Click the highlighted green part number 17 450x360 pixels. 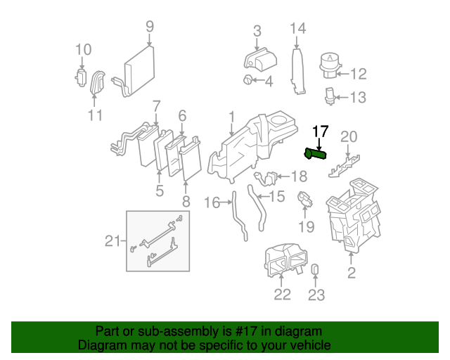pos(316,154)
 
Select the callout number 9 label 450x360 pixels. pos(150,27)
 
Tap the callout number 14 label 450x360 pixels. pos(298,29)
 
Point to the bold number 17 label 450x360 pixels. pos(321,131)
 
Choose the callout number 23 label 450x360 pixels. pos(316,295)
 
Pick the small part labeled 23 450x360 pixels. pos(316,270)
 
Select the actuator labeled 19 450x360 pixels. pos(305,200)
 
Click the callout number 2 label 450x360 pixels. pos(352,272)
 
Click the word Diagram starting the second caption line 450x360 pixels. pos(101,345)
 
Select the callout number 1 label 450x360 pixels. pos(231,115)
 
